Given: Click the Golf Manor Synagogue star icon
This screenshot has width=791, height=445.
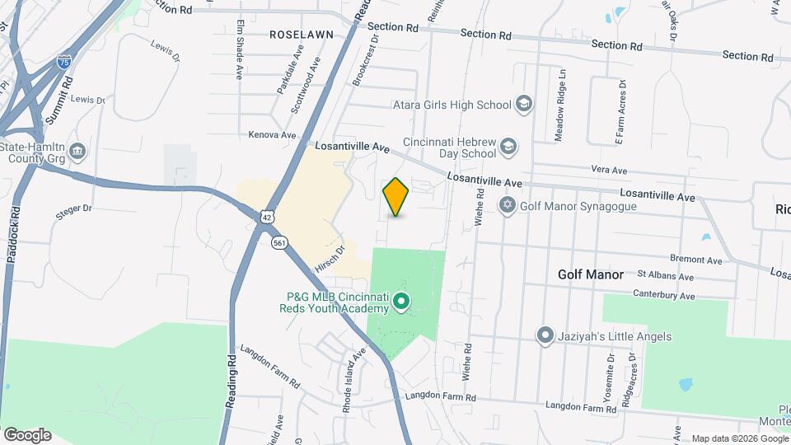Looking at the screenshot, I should [x=508, y=204].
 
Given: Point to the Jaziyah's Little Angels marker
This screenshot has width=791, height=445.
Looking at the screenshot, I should [x=545, y=336].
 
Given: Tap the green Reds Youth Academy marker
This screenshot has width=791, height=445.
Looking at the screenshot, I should [x=401, y=302].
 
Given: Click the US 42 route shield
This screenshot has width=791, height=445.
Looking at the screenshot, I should [x=264, y=216].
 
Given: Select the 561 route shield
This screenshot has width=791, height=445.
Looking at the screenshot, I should [x=280, y=242].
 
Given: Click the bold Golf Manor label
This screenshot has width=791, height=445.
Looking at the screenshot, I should [x=590, y=274].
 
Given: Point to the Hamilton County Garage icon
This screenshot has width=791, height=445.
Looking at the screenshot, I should [x=77, y=152].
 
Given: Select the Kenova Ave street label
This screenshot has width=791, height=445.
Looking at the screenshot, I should [x=272, y=134].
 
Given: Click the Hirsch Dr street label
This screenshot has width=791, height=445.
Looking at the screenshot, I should [x=329, y=259].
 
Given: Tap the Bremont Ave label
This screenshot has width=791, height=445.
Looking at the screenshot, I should [x=696, y=260].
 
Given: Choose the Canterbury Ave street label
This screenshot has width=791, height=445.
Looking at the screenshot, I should [x=664, y=295].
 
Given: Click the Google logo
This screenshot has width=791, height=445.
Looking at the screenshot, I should [x=27, y=434].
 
